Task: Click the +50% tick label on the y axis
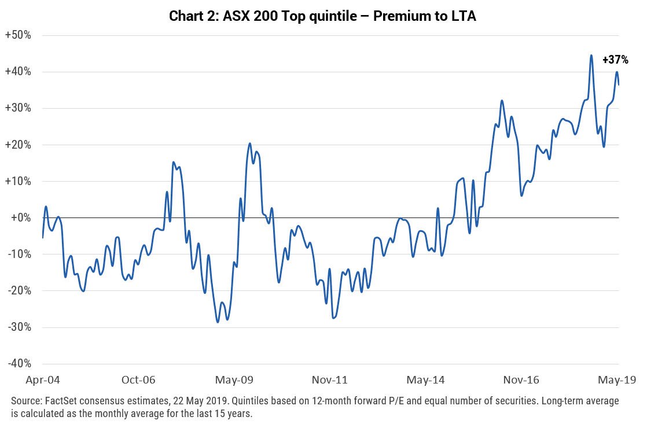click(x=18, y=35)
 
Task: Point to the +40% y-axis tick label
click(x=18, y=72)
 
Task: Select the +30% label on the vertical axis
click(x=18, y=108)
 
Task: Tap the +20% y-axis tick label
click(x=18, y=145)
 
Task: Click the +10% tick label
click(x=18, y=181)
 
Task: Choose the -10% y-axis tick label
click(x=19, y=254)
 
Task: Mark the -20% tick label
click(x=19, y=291)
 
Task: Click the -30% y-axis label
click(x=19, y=327)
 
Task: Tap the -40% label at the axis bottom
click(x=19, y=363)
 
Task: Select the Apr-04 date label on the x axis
click(x=43, y=380)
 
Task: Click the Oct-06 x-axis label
click(x=138, y=380)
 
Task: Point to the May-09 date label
click(x=234, y=380)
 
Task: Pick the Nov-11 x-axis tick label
click(x=330, y=380)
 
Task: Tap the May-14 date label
click(x=425, y=380)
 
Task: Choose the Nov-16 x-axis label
click(x=521, y=380)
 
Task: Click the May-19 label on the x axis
click(x=617, y=380)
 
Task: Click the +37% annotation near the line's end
click(x=615, y=60)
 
